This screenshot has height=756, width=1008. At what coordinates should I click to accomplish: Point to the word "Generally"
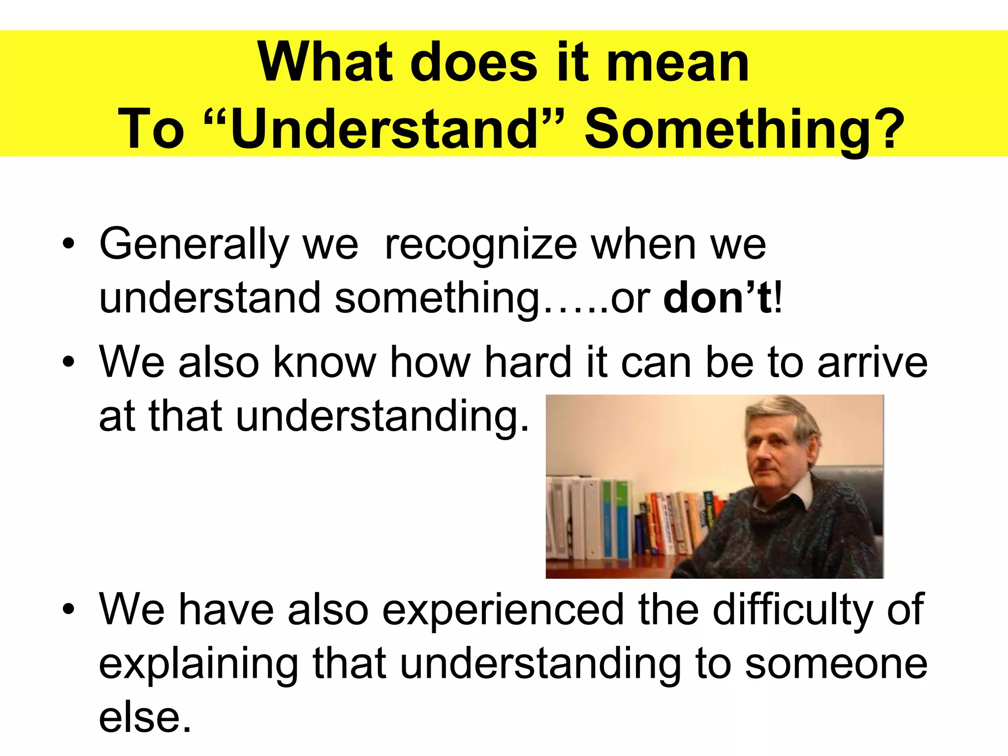194,244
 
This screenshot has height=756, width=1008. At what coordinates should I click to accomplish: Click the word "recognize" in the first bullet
480,244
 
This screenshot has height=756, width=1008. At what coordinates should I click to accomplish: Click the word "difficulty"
792,609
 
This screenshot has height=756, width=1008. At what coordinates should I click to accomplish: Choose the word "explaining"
199,663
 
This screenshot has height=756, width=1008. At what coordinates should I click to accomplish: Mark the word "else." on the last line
145,717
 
